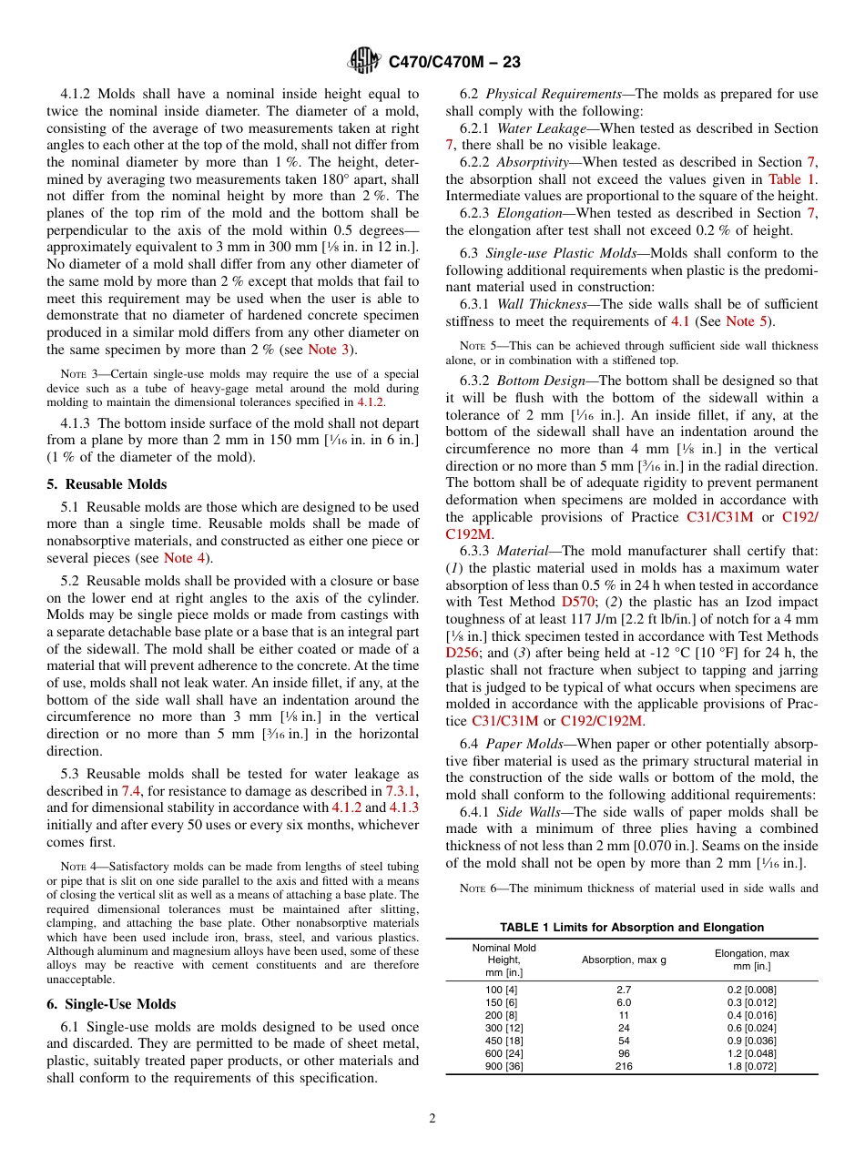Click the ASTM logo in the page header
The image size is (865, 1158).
click(x=363, y=63)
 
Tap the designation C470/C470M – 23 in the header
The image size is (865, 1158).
click(x=454, y=63)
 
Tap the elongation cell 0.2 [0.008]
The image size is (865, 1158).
click(x=751, y=990)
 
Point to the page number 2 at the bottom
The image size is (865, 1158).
click(x=432, y=1119)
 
